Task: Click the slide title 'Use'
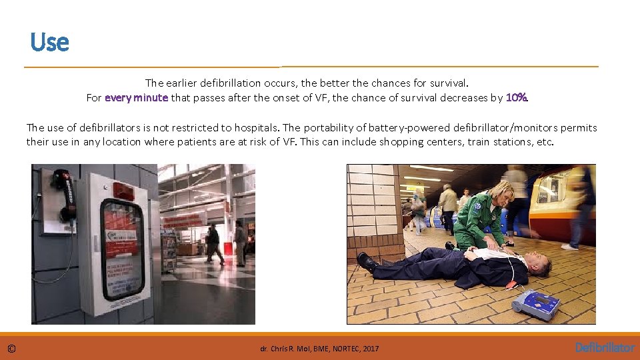(x=49, y=43)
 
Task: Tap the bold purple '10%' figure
(x=517, y=98)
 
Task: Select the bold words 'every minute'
(x=136, y=98)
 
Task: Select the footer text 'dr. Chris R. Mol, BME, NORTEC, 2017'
(x=319, y=349)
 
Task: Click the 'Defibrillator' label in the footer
(x=604, y=348)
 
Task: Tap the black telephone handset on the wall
(x=64, y=194)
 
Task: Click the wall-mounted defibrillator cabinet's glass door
(x=122, y=248)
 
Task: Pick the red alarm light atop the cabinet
(x=123, y=191)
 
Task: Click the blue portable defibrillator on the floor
(x=536, y=304)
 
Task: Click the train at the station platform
(x=567, y=200)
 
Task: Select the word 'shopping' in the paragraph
(x=402, y=142)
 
